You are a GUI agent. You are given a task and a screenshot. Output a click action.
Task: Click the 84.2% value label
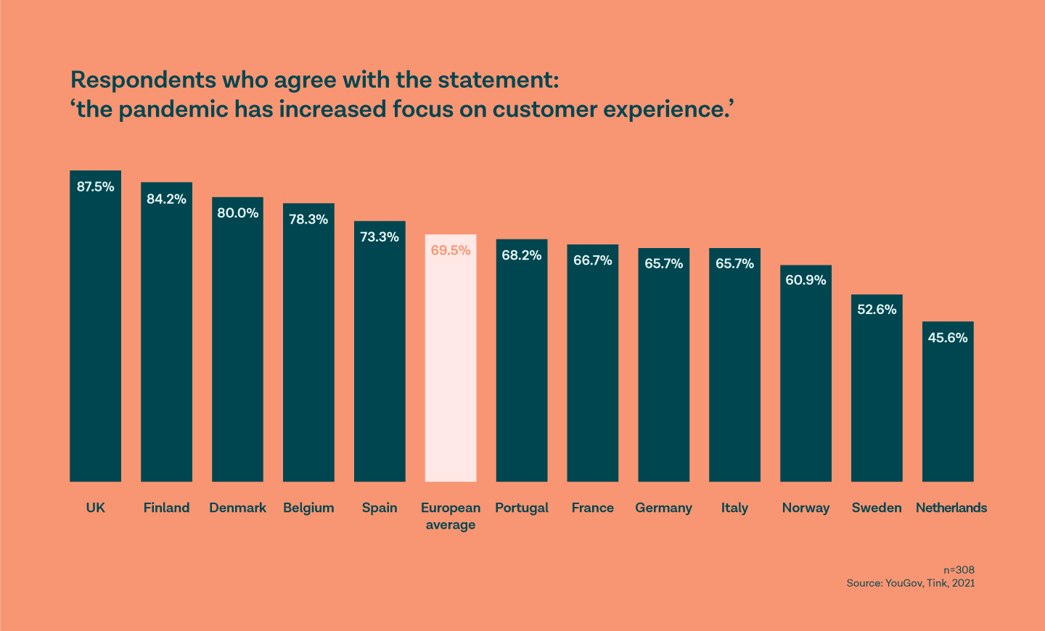(x=166, y=199)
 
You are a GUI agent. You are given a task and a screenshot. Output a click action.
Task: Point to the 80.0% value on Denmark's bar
(x=237, y=213)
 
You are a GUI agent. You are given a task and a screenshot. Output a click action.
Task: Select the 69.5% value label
(x=451, y=250)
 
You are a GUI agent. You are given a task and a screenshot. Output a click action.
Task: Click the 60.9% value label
(x=806, y=280)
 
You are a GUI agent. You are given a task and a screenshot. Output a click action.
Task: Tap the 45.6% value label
(x=948, y=337)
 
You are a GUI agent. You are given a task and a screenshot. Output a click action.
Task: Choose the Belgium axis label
(x=308, y=508)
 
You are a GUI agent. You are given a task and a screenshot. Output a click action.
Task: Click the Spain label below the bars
(x=380, y=508)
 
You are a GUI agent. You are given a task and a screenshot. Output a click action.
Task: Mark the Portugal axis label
(x=522, y=508)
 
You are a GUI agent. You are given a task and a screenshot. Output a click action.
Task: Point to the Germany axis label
(x=663, y=508)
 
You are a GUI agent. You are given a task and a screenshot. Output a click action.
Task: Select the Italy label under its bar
(x=734, y=508)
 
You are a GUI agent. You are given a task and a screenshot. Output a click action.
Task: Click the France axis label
(x=592, y=508)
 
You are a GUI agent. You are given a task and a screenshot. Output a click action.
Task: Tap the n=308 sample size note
(x=959, y=570)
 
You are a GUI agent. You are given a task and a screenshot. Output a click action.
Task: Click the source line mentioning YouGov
(x=910, y=583)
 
